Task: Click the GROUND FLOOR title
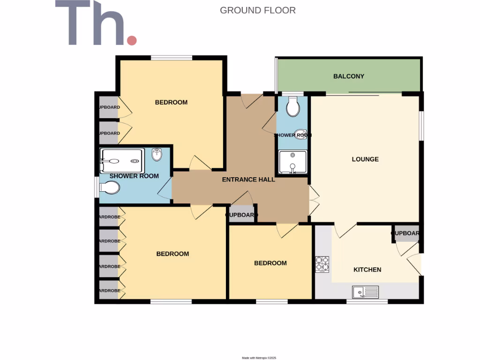point(258,10)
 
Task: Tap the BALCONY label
point(348,76)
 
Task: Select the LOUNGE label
point(365,159)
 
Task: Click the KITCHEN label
point(367,270)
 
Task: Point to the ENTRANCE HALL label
point(248,180)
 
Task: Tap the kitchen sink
point(365,292)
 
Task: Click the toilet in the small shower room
point(293,106)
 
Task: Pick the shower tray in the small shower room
point(292,162)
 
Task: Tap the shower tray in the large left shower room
point(121,161)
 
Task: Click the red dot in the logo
point(132,40)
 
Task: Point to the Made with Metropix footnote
point(259,358)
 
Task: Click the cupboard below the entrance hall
point(242,215)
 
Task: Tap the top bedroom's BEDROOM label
point(171,102)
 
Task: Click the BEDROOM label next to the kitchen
point(270,263)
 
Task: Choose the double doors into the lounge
point(313,199)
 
